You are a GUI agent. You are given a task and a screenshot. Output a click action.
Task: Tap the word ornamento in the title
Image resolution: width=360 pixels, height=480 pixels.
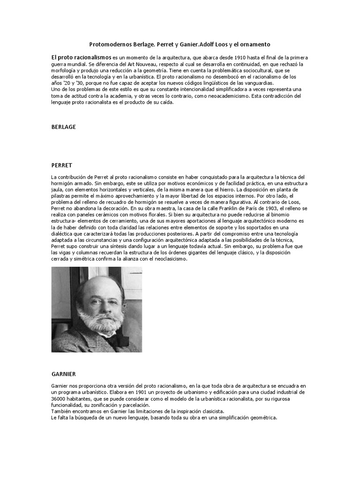pyautogui.click(x=255, y=44)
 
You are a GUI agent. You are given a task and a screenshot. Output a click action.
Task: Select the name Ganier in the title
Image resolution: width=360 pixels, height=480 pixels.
pyautogui.click(x=186, y=44)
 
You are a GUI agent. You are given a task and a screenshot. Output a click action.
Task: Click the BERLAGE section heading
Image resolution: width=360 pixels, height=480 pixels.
pyautogui.click(x=63, y=127)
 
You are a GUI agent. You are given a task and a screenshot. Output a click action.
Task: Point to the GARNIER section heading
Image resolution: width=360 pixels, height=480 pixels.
pyautogui.click(x=63, y=374)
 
